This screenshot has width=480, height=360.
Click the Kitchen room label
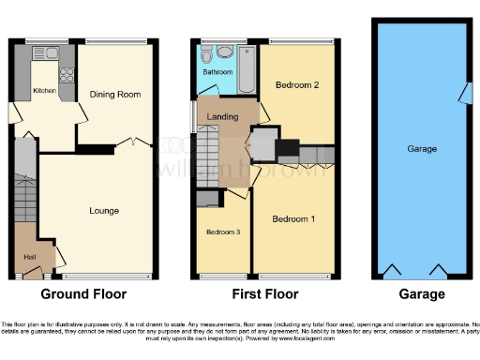tap(44, 91)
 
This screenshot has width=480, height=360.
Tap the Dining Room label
tap(114, 95)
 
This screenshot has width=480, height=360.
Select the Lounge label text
tap(104, 211)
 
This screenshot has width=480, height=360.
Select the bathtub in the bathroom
tap(247, 68)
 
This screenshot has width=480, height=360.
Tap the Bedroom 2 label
tap(297, 85)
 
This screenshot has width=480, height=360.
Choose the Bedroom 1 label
tap(293, 219)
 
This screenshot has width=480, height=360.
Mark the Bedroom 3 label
tap(222, 232)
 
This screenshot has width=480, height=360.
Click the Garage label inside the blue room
tap(421, 149)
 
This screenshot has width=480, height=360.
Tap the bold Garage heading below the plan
tap(421, 294)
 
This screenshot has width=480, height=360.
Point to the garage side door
tap(463, 94)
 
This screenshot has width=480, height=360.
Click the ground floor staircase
tap(25, 192)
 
